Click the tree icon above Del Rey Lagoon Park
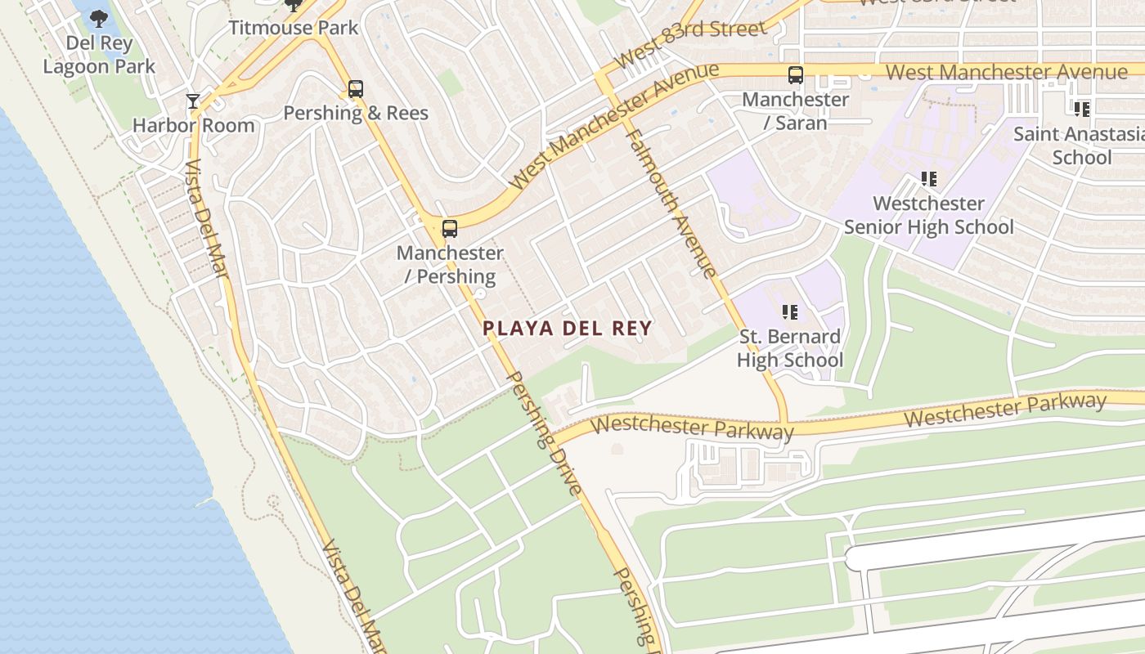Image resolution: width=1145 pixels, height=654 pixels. click(98, 18)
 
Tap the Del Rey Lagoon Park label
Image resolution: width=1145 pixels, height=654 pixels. click(98, 55)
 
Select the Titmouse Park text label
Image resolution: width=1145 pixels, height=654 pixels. click(293, 28)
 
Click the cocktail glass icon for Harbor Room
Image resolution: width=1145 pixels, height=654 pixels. click(193, 101)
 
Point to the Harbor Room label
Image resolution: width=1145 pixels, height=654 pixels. click(193, 126)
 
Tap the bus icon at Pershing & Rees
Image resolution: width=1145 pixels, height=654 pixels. click(355, 89)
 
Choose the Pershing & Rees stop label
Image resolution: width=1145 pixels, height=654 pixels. click(355, 114)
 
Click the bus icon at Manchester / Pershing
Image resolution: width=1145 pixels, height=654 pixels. click(449, 229)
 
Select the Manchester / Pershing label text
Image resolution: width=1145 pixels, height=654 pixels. click(450, 265)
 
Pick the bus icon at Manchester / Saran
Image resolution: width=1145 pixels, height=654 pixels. click(795, 75)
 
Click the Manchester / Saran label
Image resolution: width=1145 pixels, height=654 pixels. click(795, 111)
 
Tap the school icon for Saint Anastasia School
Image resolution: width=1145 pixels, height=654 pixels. click(1081, 109)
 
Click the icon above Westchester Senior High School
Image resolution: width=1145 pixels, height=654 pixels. click(928, 178)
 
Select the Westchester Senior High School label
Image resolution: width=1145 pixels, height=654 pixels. click(928, 215)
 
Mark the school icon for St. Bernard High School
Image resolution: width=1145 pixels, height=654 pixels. click(789, 311)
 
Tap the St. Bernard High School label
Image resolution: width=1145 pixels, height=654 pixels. click(789, 348)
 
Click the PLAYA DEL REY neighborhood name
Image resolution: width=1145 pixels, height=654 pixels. click(567, 329)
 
